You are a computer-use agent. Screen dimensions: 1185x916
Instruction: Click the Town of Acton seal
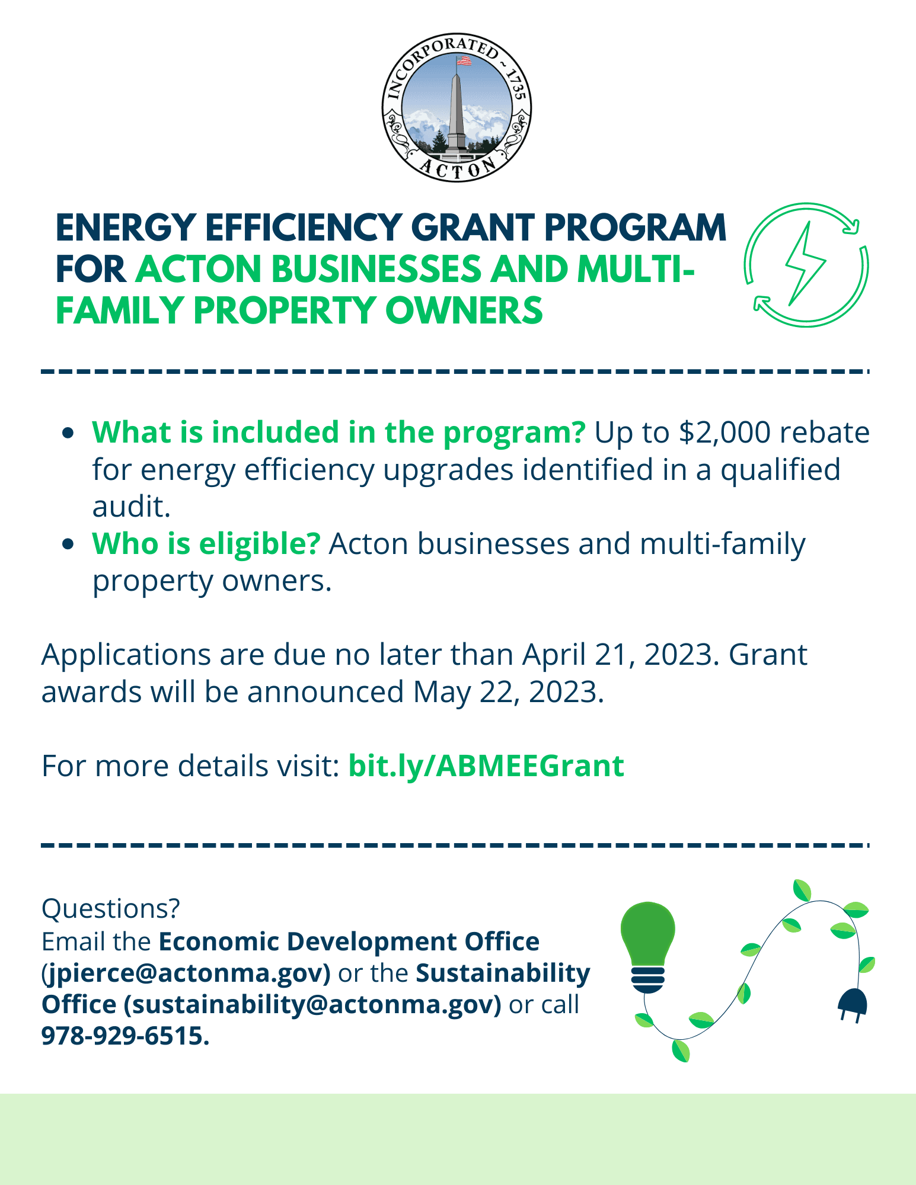tap(457, 107)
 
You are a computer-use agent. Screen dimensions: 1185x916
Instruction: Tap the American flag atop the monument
tap(464, 60)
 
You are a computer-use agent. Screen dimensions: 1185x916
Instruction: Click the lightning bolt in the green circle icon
tap(805, 264)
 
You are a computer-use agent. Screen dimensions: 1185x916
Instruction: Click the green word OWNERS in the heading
tap(464, 311)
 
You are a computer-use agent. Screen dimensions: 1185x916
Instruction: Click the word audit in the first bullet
tap(131, 507)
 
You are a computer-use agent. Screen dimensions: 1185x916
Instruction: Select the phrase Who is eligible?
tap(206, 544)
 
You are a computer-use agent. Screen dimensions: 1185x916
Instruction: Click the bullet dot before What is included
tap(69, 433)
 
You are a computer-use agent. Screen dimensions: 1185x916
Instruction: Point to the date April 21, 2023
tap(617, 655)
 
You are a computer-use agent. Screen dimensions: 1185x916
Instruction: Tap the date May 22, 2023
tap(508, 692)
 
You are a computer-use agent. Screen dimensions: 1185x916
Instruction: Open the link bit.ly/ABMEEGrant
tap(486, 766)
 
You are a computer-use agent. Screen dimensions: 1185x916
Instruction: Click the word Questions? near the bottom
tap(110, 908)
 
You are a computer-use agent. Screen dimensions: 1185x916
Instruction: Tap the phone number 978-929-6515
tap(125, 1036)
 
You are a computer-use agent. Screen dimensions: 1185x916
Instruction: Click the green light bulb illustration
tap(648, 942)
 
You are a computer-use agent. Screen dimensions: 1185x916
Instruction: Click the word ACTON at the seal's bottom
tap(457, 169)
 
